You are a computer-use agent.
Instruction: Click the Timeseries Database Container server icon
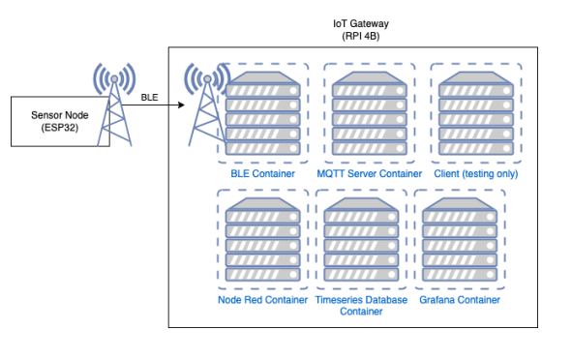[x=357, y=240]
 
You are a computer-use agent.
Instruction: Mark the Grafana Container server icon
[x=460, y=240]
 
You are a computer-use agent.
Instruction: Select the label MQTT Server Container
[x=370, y=174]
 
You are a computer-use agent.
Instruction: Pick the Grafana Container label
[x=460, y=300]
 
